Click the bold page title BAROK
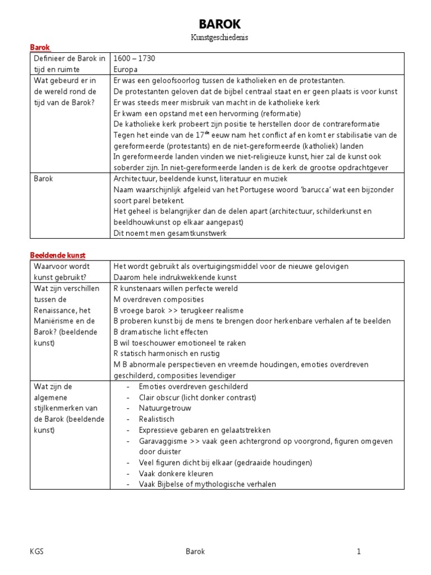click(x=219, y=24)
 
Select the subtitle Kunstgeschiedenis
click(x=219, y=38)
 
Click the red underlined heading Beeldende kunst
click(x=57, y=255)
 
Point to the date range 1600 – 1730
click(x=135, y=58)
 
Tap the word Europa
click(x=125, y=69)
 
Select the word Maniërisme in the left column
click(x=54, y=321)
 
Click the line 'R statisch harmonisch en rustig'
click(x=167, y=354)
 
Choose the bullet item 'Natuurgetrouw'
click(x=165, y=408)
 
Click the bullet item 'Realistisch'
click(x=157, y=419)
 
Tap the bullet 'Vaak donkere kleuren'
click(x=176, y=473)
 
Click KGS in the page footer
click(x=36, y=551)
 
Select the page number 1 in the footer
click(x=359, y=551)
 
